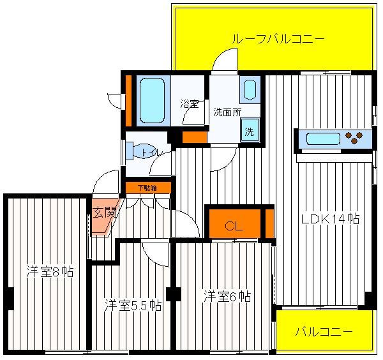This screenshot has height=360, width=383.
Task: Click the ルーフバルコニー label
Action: pos(278,38)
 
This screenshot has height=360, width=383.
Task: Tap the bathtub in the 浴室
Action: pos(152,100)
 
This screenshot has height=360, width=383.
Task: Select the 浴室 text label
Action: pos(190,104)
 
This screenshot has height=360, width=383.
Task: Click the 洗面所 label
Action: pos(227,112)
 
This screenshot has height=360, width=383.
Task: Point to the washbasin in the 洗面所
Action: pos(250,89)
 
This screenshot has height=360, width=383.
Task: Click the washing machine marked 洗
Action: pos(250,130)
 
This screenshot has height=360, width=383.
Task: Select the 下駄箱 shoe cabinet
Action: pos(148,188)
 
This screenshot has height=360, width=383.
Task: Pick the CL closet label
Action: pos(234,227)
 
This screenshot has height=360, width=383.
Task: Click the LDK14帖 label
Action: pos(330,218)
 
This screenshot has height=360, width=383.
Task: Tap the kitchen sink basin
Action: pos(323,139)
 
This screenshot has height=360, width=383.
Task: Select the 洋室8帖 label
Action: pos(50,271)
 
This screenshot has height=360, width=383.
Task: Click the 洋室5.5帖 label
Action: pos(133,304)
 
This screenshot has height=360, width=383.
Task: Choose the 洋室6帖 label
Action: pos(227,296)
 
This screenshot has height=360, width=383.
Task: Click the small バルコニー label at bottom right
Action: pos(324,332)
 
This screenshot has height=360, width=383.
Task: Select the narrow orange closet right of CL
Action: pos(269,223)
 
